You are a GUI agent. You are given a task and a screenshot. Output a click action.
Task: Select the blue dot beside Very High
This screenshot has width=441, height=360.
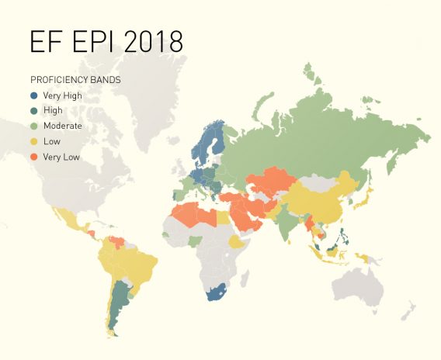(35, 95)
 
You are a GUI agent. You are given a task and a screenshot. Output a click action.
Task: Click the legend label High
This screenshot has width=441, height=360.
(53, 111)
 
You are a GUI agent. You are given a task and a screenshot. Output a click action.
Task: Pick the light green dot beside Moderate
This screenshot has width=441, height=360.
(35, 126)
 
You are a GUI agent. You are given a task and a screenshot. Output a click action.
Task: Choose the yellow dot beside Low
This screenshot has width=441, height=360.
(35, 141)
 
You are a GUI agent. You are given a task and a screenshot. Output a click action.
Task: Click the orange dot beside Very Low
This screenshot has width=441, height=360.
(35, 157)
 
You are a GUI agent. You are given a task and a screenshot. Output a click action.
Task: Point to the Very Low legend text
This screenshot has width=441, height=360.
(61, 157)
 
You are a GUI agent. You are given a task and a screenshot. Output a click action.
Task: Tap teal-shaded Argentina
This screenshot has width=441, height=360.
(118, 303)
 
